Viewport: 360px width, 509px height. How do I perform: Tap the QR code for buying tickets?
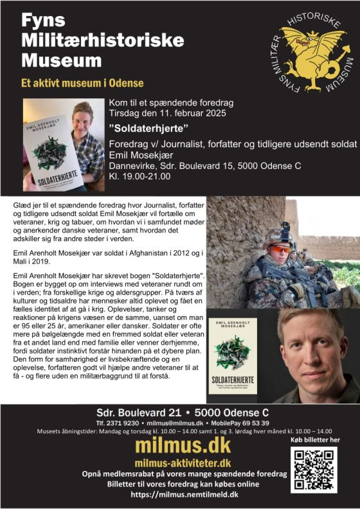point(313,470)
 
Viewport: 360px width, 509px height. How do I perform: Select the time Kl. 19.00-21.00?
point(139,175)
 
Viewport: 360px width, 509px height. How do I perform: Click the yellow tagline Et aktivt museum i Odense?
point(82,83)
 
